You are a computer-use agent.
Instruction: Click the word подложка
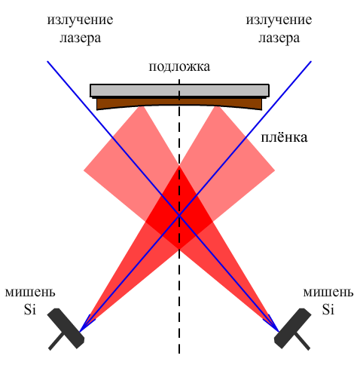(179, 67)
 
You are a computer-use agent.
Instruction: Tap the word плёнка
(284, 137)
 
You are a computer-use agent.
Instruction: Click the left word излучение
(80, 20)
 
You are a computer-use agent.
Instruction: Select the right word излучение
(279, 20)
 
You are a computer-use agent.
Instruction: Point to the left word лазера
(80, 38)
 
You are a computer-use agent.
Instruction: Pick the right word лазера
(279, 38)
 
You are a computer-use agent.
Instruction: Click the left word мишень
(30, 293)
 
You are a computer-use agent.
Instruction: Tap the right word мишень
(328, 293)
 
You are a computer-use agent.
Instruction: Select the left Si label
(30, 309)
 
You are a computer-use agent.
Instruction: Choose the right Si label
(328, 309)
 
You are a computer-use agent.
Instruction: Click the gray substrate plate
(179, 90)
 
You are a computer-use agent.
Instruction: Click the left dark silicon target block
(66, 328)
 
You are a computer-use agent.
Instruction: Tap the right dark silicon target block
(293, 328)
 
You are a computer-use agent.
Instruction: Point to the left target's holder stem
(56, 342)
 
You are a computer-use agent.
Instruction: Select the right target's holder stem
(303, 342)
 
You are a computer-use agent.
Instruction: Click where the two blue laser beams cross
(179, 215)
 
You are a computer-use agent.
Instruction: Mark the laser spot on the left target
(80, 332)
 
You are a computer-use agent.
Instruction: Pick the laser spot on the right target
(279, 332)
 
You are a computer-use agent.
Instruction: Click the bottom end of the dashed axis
(179, 354)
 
